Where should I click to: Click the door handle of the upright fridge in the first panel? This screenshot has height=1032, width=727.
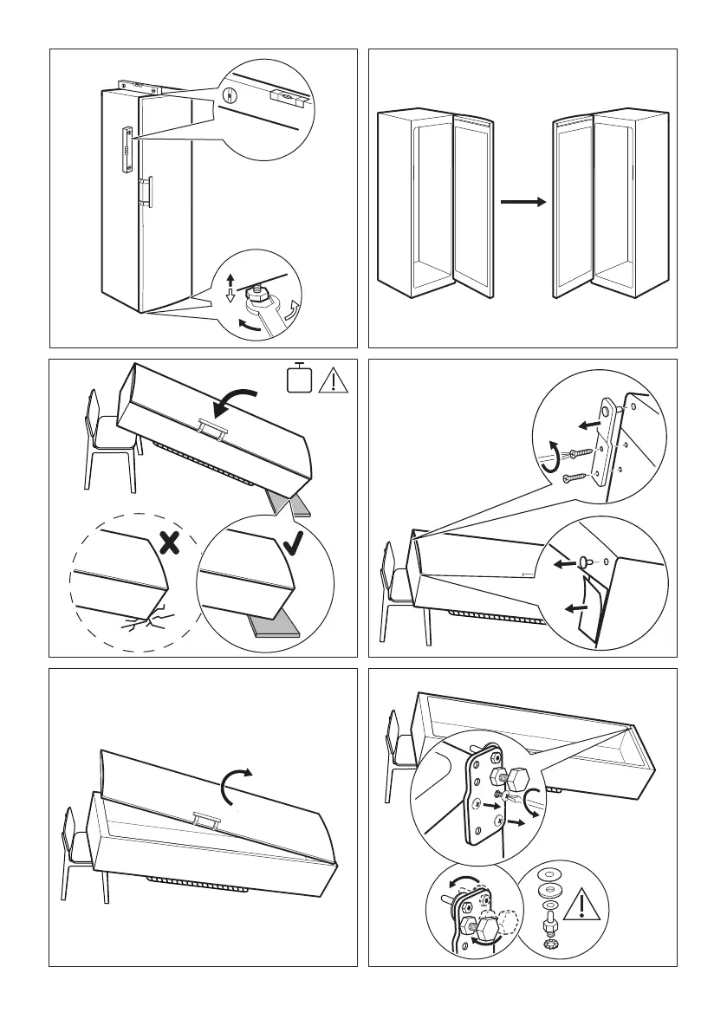pos(148,191)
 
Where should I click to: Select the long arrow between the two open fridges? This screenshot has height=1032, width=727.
pos(523,202)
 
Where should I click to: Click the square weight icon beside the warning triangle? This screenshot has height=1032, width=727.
pos(300,379)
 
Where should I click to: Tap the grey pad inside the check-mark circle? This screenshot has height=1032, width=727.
pos(273,626)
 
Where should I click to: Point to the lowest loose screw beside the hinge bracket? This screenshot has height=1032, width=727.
pos(575,477)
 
